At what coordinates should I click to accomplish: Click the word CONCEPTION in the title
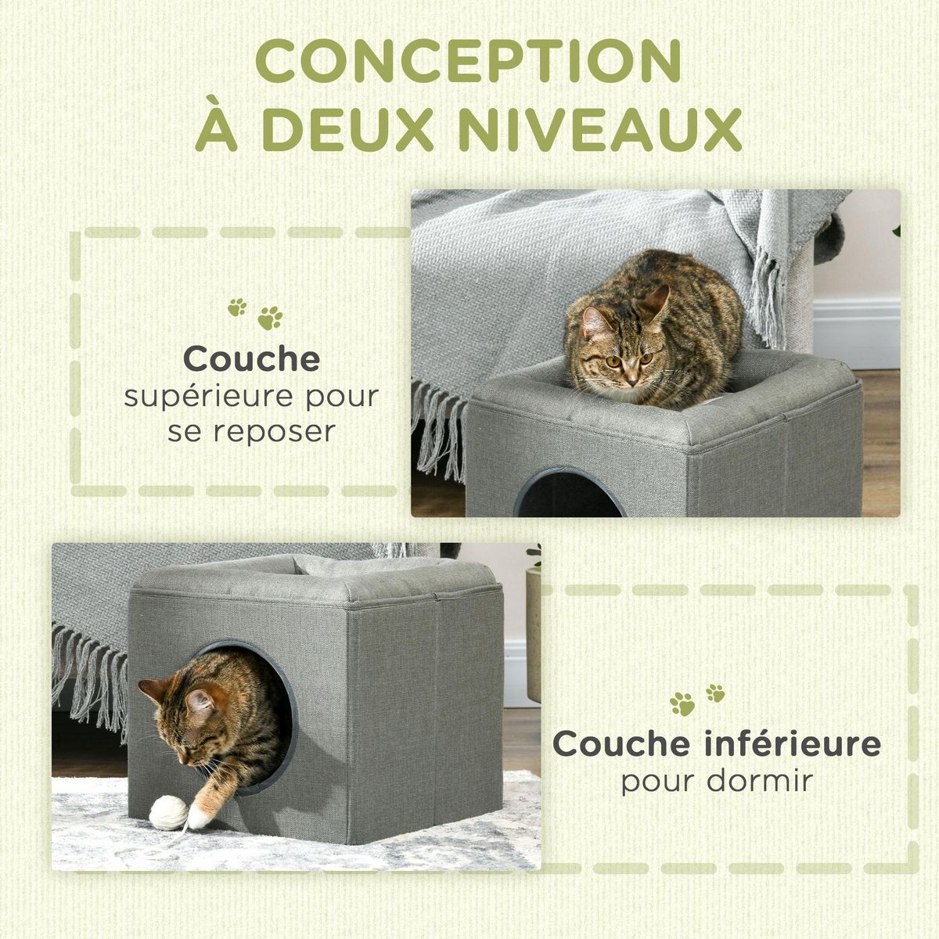point(468,60)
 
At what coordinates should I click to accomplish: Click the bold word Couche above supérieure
point(252,359)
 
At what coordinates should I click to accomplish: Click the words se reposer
point(250,431)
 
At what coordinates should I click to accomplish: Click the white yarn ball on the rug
point(167,812)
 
